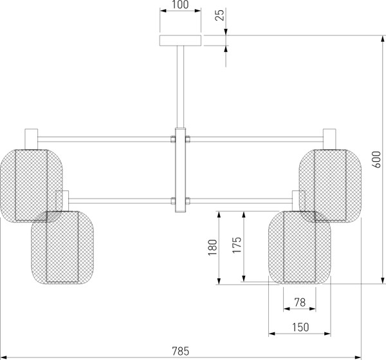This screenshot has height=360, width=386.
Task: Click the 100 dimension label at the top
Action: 180,4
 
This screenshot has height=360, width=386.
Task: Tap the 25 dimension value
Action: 220,15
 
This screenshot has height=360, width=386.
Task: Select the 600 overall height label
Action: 376,159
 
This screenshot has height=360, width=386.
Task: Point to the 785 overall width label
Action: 180,351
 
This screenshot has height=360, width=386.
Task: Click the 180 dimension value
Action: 213,248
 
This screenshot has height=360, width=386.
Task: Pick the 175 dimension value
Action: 237,245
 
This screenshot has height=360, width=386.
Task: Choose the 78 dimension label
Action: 300,302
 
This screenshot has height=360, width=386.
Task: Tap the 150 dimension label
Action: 300,327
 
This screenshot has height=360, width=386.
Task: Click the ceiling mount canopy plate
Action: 180,40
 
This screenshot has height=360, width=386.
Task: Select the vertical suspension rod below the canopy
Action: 180,87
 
